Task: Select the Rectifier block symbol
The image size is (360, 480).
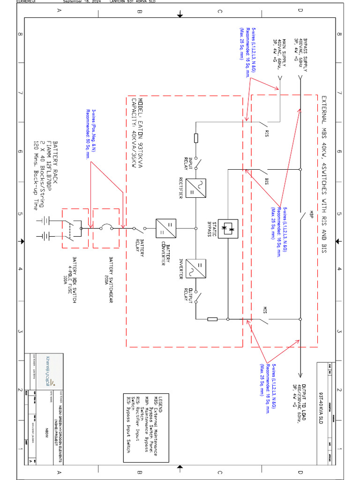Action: pyautogui.click(x=193, y=188)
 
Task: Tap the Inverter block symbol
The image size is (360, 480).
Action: pyautogui.click(x=193, y=269)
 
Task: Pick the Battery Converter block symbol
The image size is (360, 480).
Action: pyautogui.click(x=166, y=229)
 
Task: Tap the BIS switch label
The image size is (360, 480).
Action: pyautogui.click(x=267, y=181)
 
